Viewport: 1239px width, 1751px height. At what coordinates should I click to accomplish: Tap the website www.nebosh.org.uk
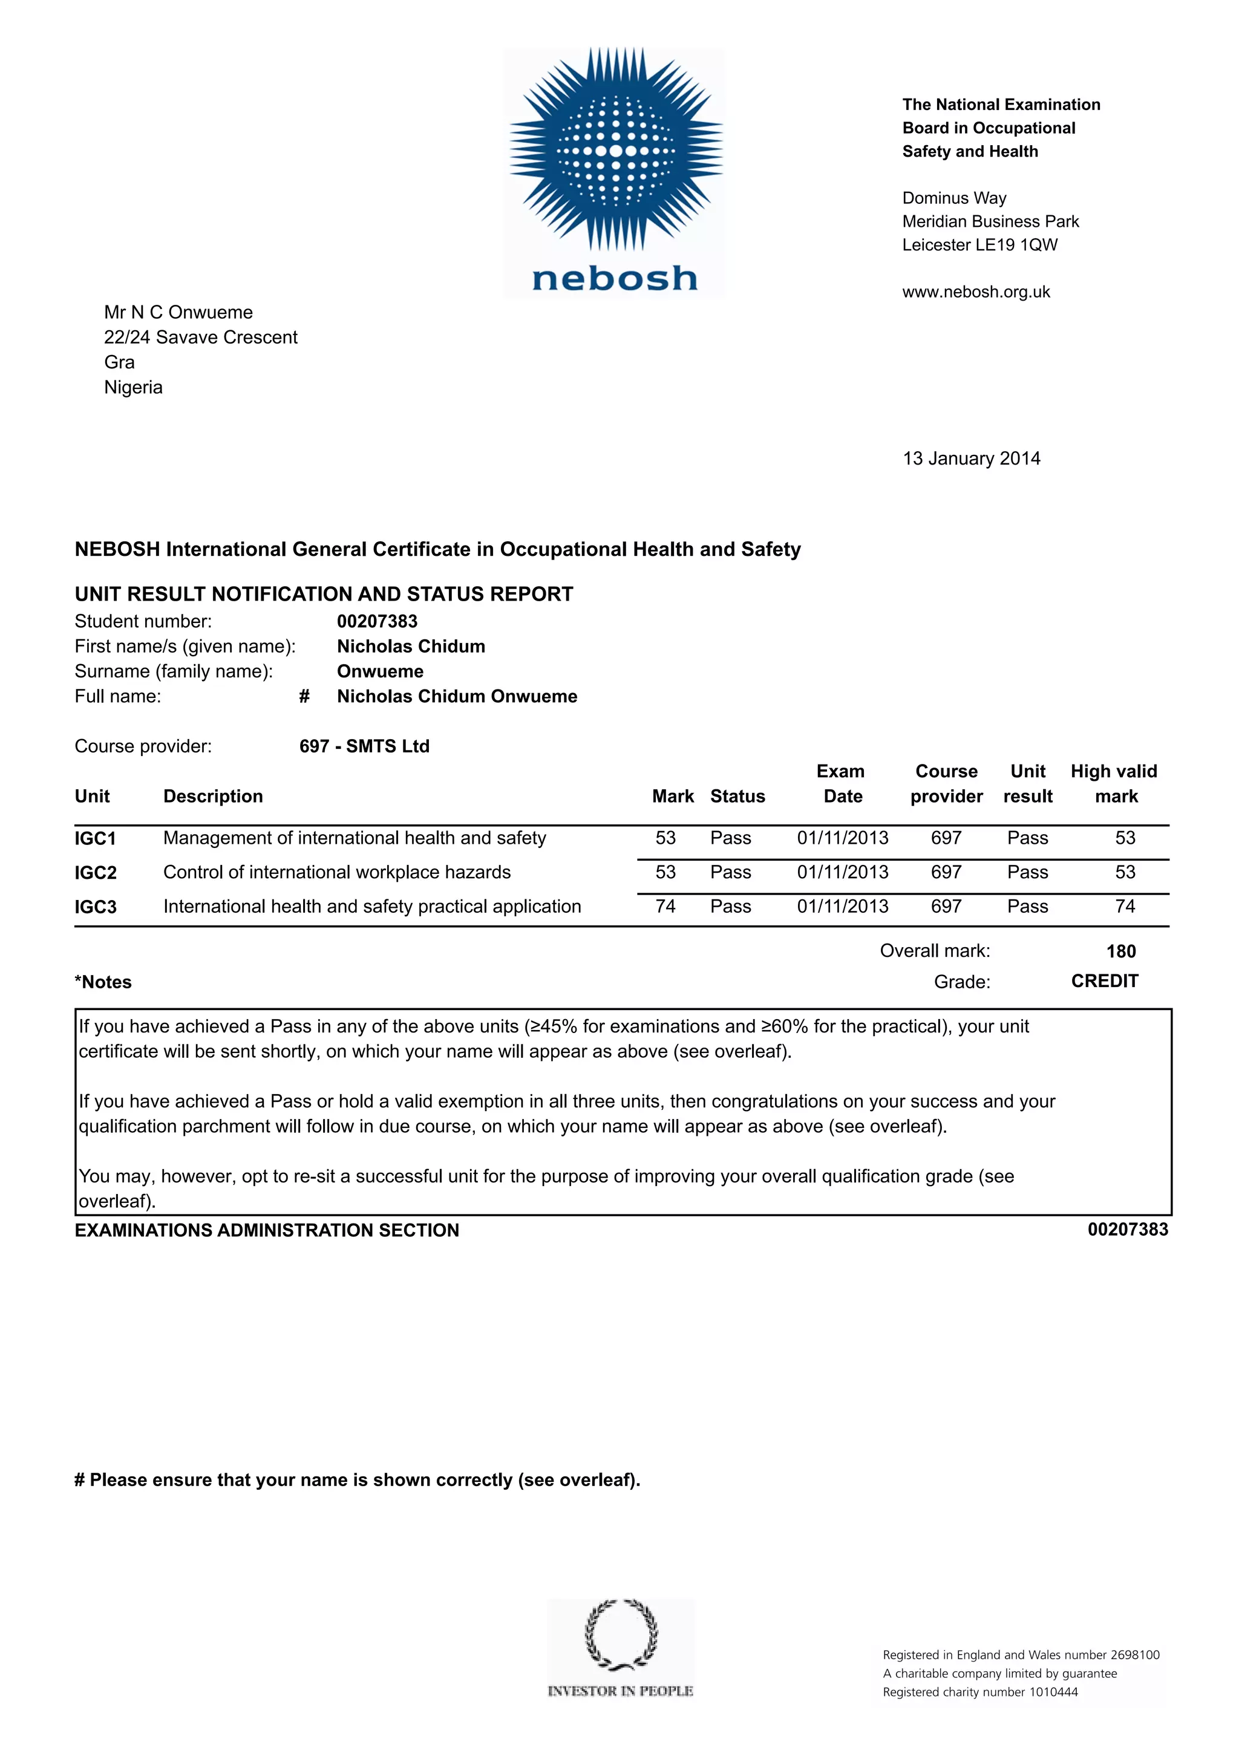coord(976,292)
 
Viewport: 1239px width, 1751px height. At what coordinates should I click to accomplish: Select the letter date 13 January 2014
coord(971,458)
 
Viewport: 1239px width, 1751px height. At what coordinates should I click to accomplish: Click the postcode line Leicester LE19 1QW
coord(979,245)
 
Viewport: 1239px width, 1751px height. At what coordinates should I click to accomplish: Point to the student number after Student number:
coord(377,622)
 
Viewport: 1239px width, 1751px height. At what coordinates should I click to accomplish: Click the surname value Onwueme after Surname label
coord(380,671)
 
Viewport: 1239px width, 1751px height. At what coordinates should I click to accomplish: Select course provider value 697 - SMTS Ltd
coord(364,746)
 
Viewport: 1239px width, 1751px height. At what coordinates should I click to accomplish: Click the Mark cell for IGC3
coord(665,906)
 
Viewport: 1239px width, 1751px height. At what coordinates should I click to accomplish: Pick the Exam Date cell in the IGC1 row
coord(842,838)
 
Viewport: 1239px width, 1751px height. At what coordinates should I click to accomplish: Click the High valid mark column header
coord(1114,783)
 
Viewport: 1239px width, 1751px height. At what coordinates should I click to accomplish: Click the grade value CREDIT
coord(1104,982)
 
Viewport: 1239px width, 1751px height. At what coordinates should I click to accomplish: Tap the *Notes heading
coord(103,982)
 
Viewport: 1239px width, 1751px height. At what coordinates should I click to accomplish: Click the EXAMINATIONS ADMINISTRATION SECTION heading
coord(266,1230)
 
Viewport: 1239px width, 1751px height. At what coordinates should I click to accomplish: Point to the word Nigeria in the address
coord(134,388)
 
